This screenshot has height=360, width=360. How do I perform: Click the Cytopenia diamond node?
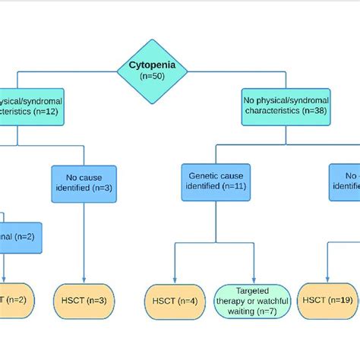[152, 70]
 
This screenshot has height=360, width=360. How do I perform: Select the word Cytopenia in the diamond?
[152, 66]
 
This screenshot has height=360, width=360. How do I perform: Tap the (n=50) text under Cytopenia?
[152, 76]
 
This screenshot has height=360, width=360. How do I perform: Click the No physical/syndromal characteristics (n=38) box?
[286, 106]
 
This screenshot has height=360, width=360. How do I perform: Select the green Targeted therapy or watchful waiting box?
[252, 301]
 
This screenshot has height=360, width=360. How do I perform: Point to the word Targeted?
[252, 291]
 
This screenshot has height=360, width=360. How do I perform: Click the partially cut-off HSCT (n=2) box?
[16, 301]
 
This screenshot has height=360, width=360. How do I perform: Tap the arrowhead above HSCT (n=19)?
[327, 282]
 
